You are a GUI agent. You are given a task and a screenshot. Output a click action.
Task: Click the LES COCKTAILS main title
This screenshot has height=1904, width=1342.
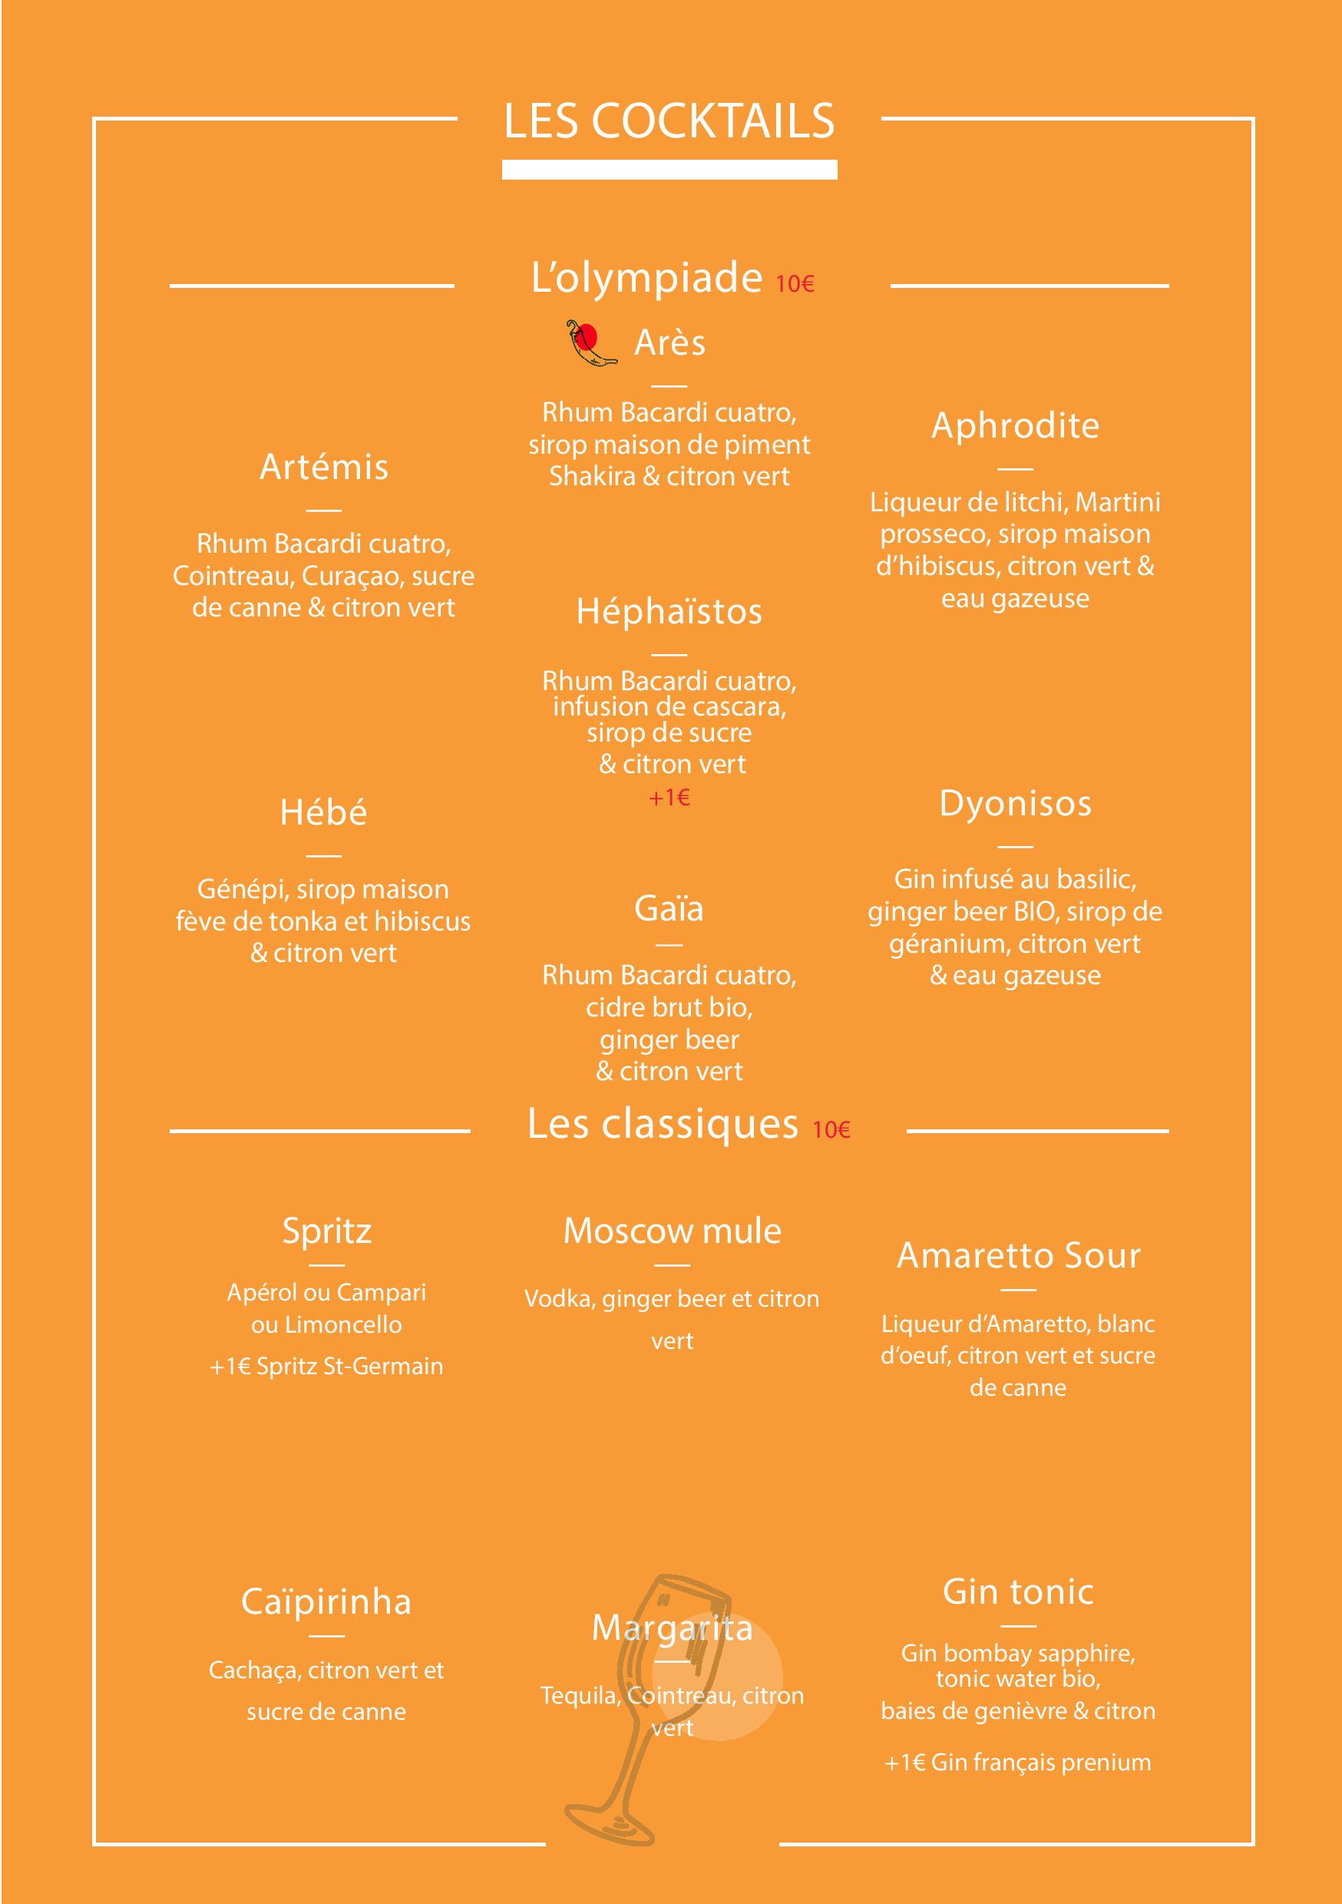[669, 121]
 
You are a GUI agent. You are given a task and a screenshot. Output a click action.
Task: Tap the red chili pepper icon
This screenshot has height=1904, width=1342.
[590, 342]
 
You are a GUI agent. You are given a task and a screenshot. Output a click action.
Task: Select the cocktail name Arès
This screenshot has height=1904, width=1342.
[669, 342]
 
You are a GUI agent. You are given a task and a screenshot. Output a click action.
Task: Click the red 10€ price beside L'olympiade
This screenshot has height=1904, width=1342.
[795, 284]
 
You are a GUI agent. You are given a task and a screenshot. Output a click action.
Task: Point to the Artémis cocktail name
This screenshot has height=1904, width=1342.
[323, 467]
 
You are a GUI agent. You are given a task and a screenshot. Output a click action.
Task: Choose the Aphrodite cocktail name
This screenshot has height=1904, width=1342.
[1015, 425]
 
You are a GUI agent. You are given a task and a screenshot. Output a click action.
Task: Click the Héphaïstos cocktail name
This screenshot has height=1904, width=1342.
[669, 612]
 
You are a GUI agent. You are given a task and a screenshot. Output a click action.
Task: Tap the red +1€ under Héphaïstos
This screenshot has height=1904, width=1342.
[669, 798]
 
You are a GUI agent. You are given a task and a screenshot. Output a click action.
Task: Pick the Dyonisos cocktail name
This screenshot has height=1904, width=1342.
[1015, 804]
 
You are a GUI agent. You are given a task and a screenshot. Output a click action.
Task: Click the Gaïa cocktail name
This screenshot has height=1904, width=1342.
[669, 909]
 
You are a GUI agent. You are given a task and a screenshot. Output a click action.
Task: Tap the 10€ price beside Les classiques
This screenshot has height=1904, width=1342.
[831, 1130]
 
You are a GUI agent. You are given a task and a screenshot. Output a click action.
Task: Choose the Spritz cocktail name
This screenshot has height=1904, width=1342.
[327, 1231]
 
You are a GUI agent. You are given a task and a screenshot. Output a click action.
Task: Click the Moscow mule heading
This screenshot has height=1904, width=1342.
[672, 1231]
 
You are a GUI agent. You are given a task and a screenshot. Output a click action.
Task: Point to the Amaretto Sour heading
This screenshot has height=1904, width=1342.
[1019, 1255]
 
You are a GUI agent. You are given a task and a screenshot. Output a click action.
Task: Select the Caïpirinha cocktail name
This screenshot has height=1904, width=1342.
[326, 1602]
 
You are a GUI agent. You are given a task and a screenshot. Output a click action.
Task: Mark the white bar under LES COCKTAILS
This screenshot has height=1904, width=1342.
[669, 170]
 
